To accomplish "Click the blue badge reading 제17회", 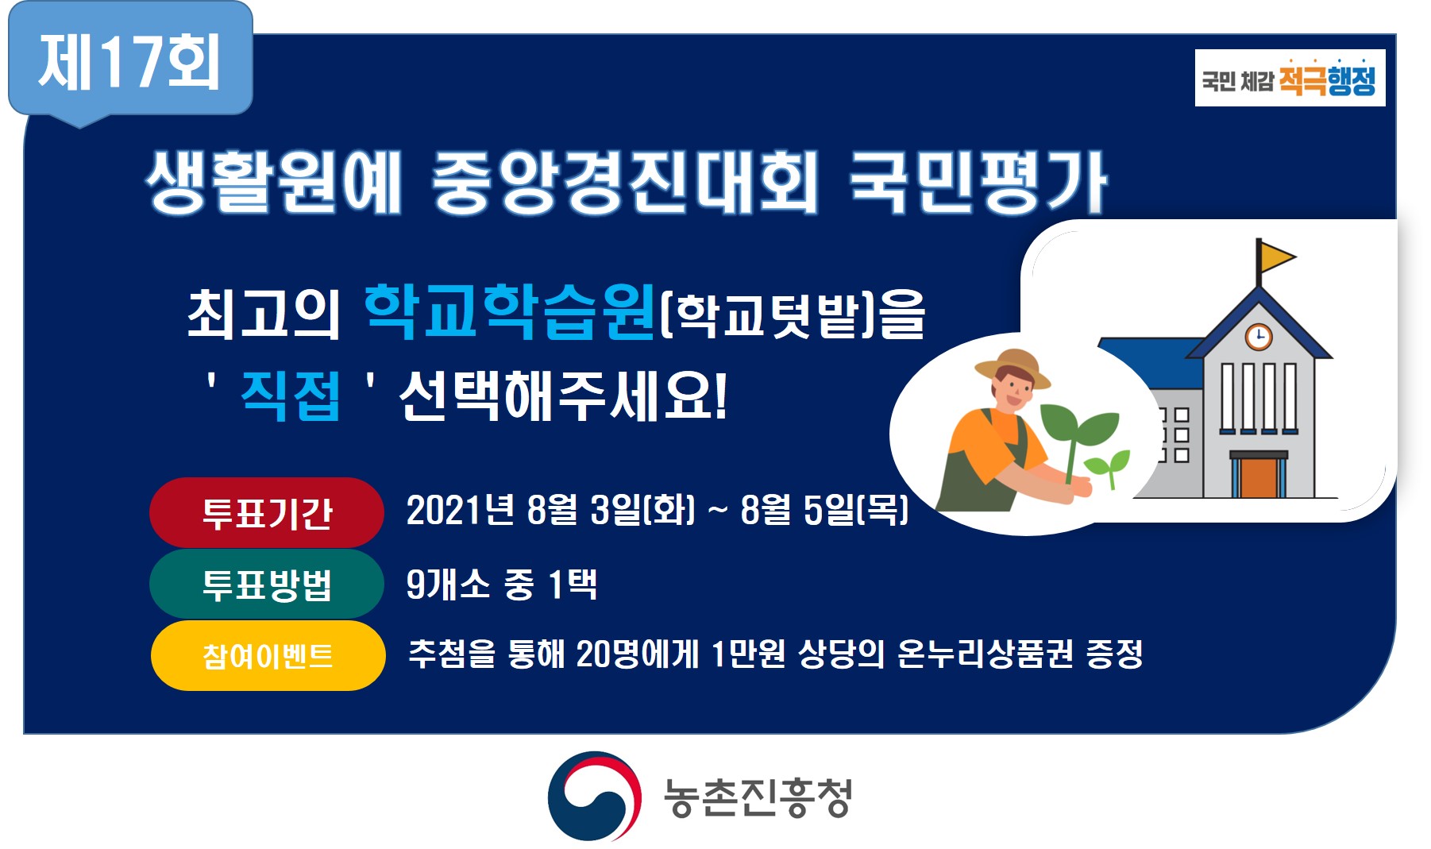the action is click(x=130, y=62).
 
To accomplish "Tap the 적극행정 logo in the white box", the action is click(x=1290, y=78).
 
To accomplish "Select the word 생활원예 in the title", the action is click(x=274, y=183).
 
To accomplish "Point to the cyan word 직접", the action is click(x=291, y=395).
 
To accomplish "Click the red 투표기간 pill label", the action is click(x=267, y=513).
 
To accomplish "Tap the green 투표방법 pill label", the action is click(x=267, y=585).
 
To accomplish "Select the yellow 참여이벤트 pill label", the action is click(x=268, y=656).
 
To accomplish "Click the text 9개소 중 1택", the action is click(x=501, y=585).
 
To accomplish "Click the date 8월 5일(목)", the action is click(x=824, y=510).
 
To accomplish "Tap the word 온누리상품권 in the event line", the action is click(x=985, y=654).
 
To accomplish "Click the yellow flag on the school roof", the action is click(x=1276, y=256).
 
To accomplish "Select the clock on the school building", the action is click(x=1258, y=336).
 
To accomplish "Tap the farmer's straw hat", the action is click(x=1012, y=365).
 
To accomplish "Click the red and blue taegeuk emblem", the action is click(x=594, y=796).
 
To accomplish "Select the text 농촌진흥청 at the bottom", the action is click(x=758, y=797).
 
